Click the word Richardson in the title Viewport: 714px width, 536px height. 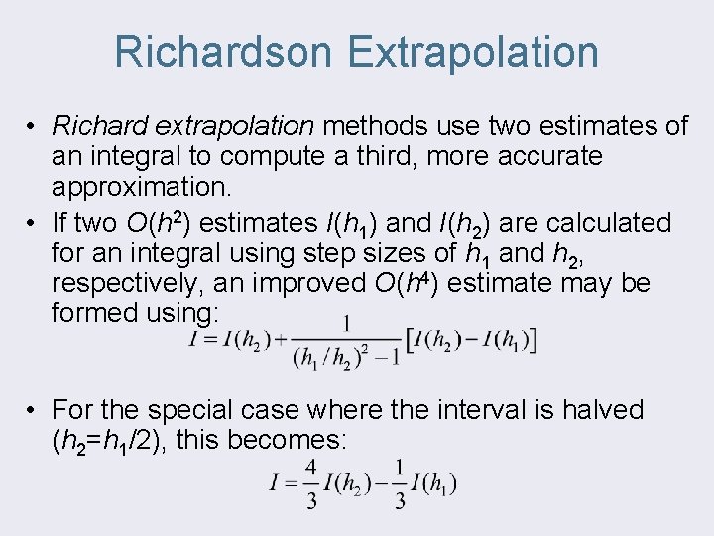pyautogui.click(x=224, y=52)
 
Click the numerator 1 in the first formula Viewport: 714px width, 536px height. pyautogui.click(x=346, y=322)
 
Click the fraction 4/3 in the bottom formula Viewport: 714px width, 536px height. pyautogui.click(x=311, y=483)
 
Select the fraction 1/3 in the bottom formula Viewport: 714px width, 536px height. pyautogui.click(x=399, y=483)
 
